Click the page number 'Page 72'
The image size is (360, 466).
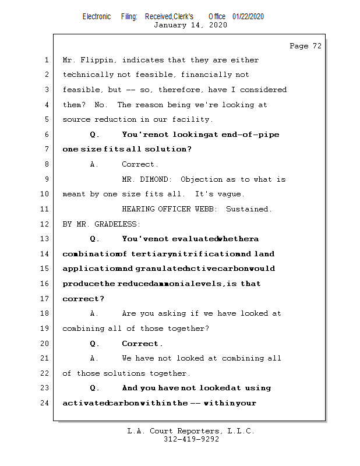click(305, 46)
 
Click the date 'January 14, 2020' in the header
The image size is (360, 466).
click(190, 25)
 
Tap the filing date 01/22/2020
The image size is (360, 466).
click(248, 17)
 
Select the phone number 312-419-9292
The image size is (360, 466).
click(191, 439)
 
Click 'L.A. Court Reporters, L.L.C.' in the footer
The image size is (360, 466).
click(190, 431)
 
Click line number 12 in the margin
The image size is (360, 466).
click(45, 224)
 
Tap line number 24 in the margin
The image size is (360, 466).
click(45, 403)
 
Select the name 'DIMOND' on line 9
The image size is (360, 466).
click(157, 179)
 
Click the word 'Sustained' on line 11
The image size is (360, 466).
click(248, 209)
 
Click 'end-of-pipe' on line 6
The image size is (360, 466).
click(250, 135)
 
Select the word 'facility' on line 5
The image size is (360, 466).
click(192, 119)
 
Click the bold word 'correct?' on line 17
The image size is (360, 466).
click(83, 299)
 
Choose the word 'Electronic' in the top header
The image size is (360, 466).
click(97, 17)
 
